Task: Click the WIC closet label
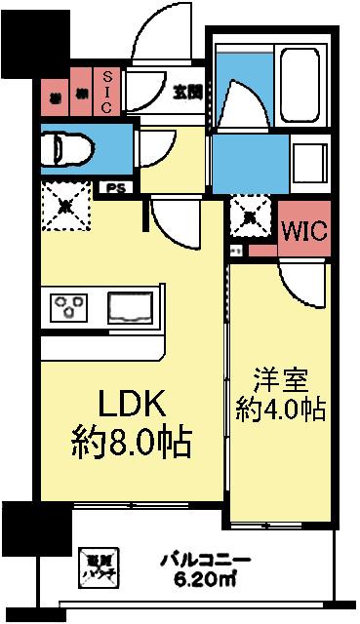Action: click(x=303, y=233)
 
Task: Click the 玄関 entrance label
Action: click(x=187, y=93)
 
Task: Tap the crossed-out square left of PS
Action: click(x=64, y=204)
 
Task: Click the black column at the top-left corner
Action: click(x=20, y=39)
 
